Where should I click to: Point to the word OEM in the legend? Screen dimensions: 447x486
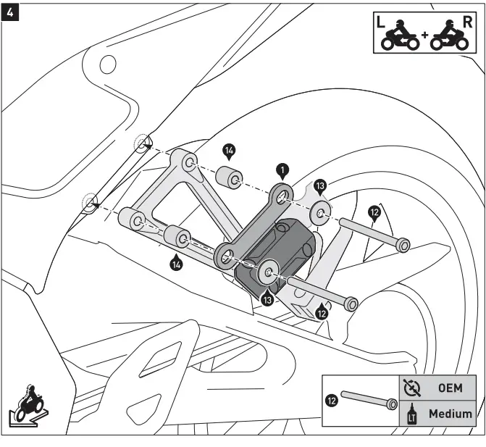point(449,388)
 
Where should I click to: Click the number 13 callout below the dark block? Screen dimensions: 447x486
point(267,298)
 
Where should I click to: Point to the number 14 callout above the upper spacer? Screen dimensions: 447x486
point(229,151)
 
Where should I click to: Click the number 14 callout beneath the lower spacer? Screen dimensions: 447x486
point(176,263)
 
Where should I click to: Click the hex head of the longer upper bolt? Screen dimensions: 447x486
point(402,244)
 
